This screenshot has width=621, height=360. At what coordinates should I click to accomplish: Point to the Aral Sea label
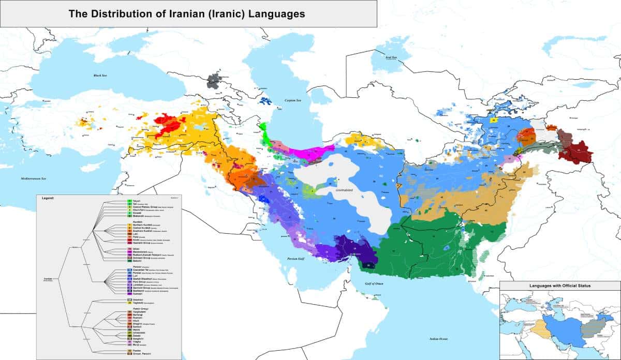(391, 57)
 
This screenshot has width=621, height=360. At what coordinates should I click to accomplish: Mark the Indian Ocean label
(440, 339)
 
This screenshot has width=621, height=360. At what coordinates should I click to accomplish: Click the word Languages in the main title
(276, 14)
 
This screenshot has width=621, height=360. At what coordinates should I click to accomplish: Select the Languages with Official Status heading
(559, 286)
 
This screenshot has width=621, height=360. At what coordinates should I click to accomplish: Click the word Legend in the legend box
(47, 198)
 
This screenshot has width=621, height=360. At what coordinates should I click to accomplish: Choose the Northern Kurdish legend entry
(142, 225)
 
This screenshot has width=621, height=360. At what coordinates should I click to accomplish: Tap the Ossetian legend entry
(138, 299)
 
